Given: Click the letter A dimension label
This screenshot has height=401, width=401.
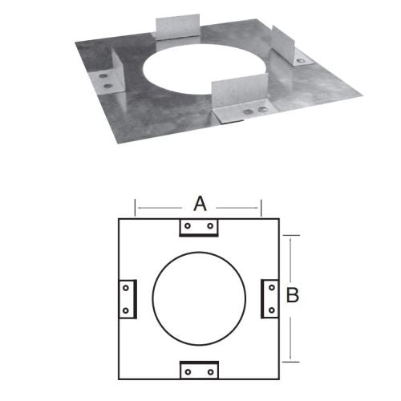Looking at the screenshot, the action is click(200, 204).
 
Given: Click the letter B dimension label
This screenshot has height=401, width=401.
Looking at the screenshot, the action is click(293, 295).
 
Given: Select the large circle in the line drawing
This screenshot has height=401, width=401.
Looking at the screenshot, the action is click(152, 298).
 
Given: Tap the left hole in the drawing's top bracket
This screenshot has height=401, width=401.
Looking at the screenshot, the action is click(188, 226).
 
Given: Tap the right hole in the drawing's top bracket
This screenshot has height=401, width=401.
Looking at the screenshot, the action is click(210, 226).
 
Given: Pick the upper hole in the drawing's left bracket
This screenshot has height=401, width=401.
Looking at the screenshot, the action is click(126, 288).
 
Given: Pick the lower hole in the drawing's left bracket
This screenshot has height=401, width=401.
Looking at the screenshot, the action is click(126, 310).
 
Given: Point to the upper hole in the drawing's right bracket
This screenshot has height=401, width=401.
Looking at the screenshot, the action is click(272, 288).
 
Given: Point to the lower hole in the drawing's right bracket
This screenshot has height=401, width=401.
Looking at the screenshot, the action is click(272, 310).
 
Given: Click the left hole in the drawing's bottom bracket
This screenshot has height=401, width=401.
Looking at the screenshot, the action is click(188, 372).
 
